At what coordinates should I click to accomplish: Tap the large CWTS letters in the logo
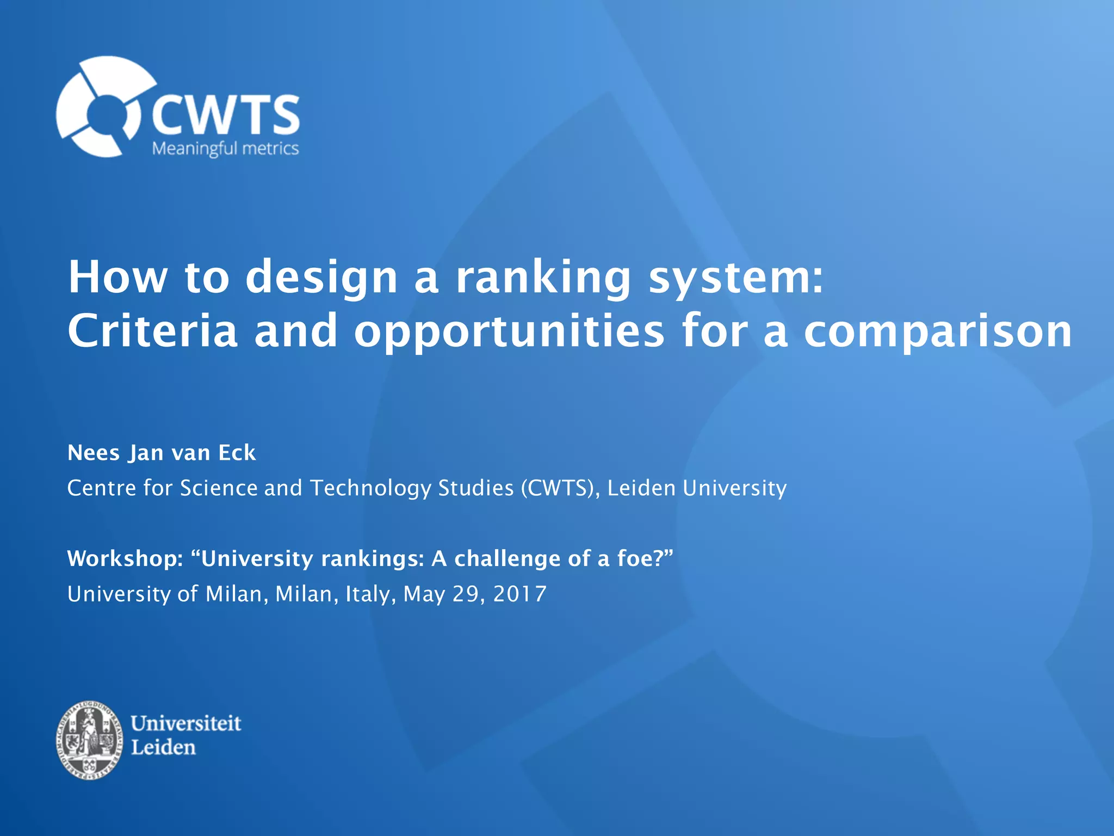pyautogui.click(x=225, y=115)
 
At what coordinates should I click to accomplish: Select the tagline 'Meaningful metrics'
pyautogui.click(x=225, y=149)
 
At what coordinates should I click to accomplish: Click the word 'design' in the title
pyautogui.click(x=321, y=278)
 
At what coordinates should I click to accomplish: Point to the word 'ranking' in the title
pyautogui.click(x=542, y=278)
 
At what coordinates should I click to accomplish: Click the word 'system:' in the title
pyautogui.click(x=737, y=278)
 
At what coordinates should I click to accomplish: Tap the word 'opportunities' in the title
pyautogui.click(x=509, y=331)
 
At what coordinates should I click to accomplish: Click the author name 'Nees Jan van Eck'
pyautogui.click(x=162, y=453)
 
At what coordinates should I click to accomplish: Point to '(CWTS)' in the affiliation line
pyautogui.click(x=560, y=488)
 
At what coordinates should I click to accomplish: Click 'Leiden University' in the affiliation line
pyautogui.click(x=697, y=488)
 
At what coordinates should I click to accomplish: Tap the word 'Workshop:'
pyautogui.click(x=125, y=559)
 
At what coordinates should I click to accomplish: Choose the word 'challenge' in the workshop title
pyautogui.click(x=507, y=559)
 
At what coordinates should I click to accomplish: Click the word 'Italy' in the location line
pyautogui.click(x=368, y=594)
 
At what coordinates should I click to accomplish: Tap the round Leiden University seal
pyautogui.click(x=90, y=740)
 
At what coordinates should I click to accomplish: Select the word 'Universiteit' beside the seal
pyautogui.click(x=186, y=723)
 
